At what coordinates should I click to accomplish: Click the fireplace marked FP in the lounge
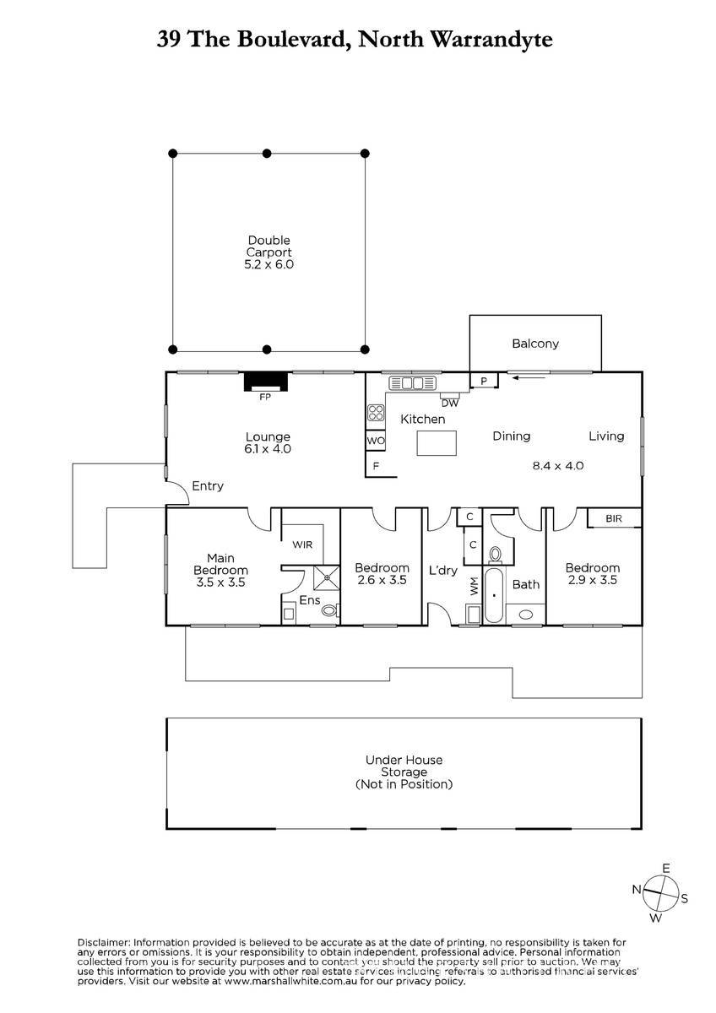265,382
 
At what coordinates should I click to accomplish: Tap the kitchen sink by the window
412,383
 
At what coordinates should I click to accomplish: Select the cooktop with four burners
376,413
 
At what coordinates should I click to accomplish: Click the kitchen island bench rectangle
437,442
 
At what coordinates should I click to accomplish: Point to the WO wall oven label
376,441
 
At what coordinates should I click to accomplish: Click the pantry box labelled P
484,381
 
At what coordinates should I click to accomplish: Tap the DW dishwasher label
449,403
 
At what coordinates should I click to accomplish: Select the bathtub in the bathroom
493,595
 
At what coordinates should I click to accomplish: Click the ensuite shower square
326,577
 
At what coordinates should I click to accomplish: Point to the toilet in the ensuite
331,610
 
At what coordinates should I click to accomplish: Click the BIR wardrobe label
614,518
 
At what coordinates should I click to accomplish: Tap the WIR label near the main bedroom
302,544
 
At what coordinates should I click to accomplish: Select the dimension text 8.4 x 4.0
558,465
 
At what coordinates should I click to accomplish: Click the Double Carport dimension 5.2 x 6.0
268,264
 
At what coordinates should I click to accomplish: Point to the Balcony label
535,344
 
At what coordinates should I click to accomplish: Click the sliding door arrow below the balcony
529,376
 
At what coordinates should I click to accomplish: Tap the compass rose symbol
661,893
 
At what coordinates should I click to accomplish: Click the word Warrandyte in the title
491,40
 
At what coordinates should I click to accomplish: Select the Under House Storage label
404,772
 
